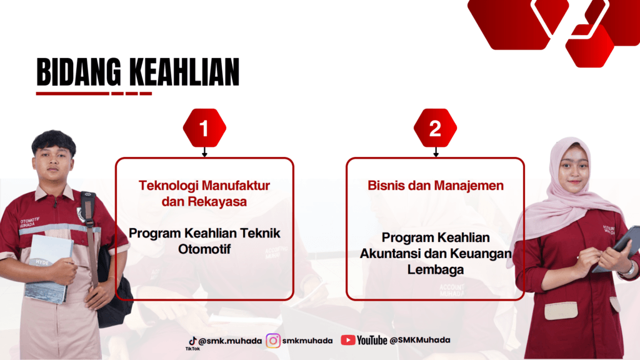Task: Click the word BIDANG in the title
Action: (x=79, y=72)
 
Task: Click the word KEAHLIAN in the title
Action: (x=184, y=72)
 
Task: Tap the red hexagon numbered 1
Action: (x=204, y=128)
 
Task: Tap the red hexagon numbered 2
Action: (x=435, y=128)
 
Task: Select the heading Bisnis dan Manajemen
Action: (x=436, y=185)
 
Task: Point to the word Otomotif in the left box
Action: (x=204, y=249)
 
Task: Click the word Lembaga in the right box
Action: (x=436, y=269)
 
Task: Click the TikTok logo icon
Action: (x=192, y=341)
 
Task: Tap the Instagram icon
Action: (x=273, y=341)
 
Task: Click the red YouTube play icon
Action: (x=347, y=340)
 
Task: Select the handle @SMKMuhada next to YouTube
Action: (x=419, y=340)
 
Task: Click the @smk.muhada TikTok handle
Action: (x=230, y=341)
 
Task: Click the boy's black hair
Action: (x=54, y=142)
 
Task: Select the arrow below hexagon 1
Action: (x=204, y=152)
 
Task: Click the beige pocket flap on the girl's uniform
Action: (x=561, y=310)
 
